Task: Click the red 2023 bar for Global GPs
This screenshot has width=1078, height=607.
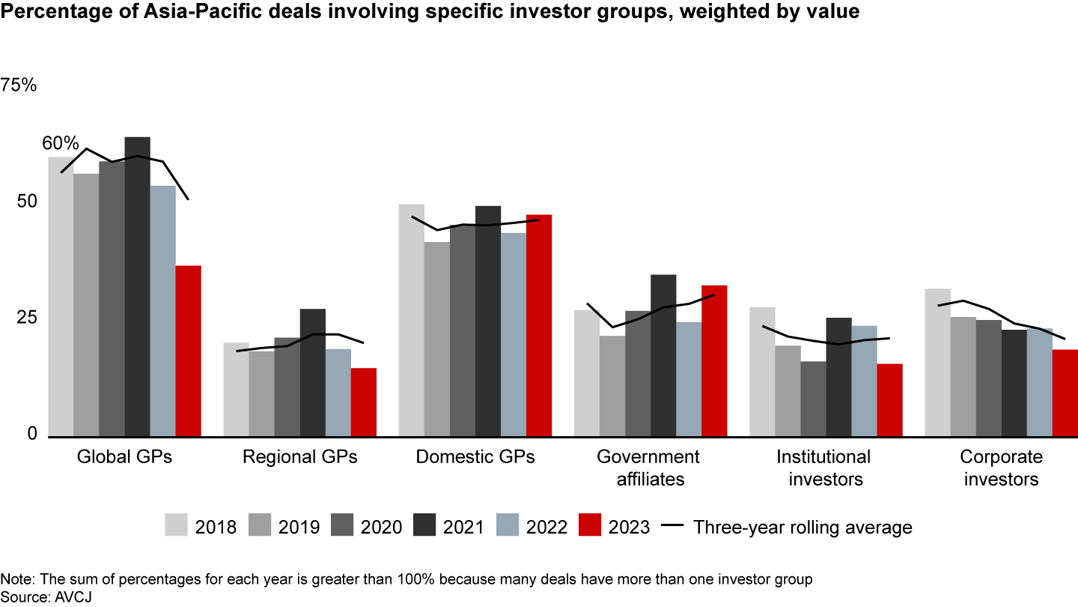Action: click(x=188, y=351)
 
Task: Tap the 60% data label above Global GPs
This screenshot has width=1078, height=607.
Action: click(x=61, y=143)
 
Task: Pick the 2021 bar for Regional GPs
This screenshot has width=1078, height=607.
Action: click(x=312, y=372)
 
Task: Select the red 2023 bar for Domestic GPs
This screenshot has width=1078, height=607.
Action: click(x=538, y=325)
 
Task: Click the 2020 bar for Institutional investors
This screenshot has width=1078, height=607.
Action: click(x=813, y=399)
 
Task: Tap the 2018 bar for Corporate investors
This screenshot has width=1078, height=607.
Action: click(x=937, y=362)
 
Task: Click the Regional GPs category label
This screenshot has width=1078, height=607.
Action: click(x=300, y=457)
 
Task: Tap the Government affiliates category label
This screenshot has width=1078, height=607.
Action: click(x=648, y=468)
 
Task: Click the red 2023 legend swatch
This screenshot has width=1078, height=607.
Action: click(x=589, y=526)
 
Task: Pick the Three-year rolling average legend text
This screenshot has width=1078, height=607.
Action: click(x=803, y=527)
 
